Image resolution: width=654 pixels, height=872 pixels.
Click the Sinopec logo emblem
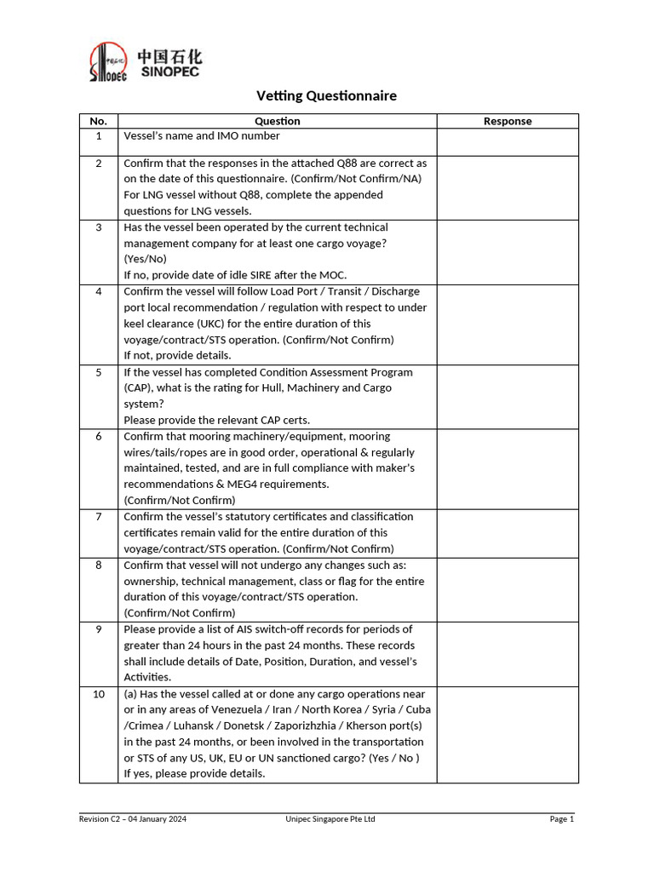pos(108,63)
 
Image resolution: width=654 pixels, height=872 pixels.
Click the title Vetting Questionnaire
pos(327,95)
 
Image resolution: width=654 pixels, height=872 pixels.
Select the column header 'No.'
pos(99,121)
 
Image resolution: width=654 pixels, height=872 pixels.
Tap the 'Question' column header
pos(278,121)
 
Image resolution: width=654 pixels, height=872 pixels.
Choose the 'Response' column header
pos(508,121)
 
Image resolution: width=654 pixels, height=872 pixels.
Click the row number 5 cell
pos(99,372)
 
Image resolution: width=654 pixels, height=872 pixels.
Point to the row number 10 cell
pos(99,694)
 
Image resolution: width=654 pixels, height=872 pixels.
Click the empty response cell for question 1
pos(508,141)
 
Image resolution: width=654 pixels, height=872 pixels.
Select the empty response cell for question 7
pos(508,532)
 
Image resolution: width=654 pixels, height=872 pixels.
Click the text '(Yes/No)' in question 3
pos(146,259)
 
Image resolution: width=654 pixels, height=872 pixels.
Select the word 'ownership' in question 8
pos(150,581)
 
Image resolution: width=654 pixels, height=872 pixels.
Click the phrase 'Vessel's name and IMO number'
pos(202,135)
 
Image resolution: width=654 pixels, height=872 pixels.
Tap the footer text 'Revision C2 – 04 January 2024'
pos(133,819)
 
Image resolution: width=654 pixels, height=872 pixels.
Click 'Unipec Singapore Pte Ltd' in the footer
pos(330,819)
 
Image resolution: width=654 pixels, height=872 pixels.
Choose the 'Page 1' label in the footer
pos(562,819)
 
